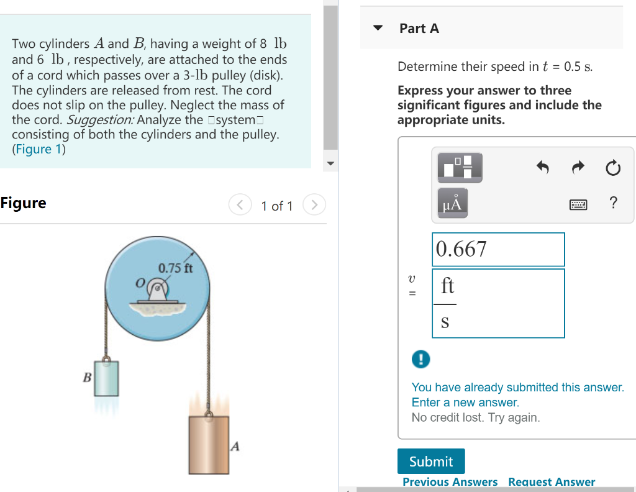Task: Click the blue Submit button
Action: pyautogui.click(x=431, y=462)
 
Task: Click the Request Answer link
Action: pyautogui.click(x=551, y=482)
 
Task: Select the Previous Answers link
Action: pyautogui.click(x=450, y=482)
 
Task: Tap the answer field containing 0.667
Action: pyautogui.click(x=498, y=249)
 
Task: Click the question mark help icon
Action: pyautogui.click(x=614, y=203)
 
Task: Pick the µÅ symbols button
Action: pyautogui.click(x=453, y=203)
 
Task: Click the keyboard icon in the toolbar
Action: pyautogui.click(x=578, y=203)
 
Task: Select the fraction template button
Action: pyautogui.click(x=460, y=166)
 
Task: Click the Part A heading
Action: pyautogui.click(x=419, y=29)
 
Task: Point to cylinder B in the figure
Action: pyautogui.click(x=106, y=379)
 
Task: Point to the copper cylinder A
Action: pyautogui.click(x=209, y=445)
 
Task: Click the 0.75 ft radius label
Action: pyautogui.click(x=175, y=269)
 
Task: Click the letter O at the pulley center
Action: pyautogui.click(x=141, y=283)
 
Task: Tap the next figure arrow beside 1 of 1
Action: pyautogui.click(x=314, y=204)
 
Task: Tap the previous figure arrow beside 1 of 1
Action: pyautogui.click(x=240, y=204)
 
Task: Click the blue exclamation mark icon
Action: pyautogui.click(x=420, y=359)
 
